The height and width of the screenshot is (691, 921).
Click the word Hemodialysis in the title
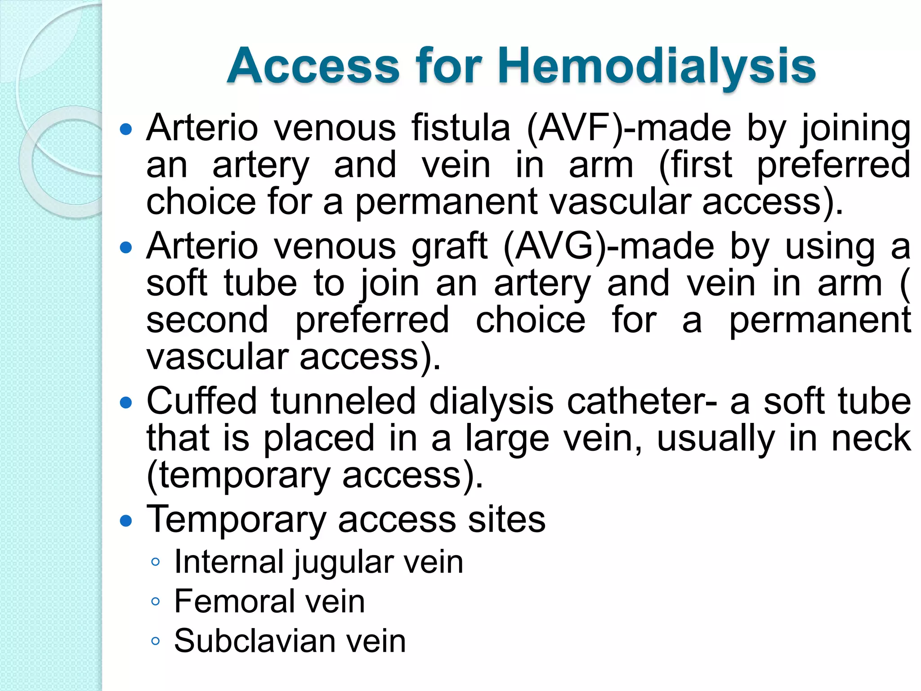(x=657, y=67)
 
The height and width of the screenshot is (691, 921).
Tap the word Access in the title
(x=313, y=67)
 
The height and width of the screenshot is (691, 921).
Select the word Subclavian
(x=252, y=641)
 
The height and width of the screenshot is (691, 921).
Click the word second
(x=207, y=320)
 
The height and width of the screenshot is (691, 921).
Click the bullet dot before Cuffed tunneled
(x=127, y=403)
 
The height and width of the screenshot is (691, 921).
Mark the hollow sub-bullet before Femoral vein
(x=156, y=601)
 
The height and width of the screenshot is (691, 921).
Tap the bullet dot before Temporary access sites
(x=127, y=521)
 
